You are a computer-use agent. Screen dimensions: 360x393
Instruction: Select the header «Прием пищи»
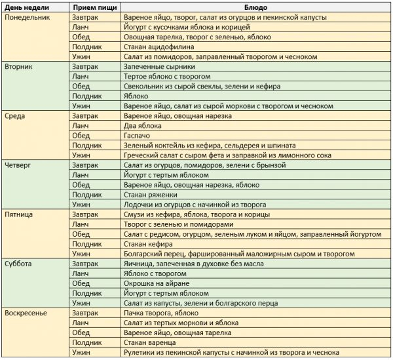point(94,6)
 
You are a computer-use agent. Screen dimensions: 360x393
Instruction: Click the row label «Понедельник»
point(26,17)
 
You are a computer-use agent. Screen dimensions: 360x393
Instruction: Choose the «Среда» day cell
point(16,115)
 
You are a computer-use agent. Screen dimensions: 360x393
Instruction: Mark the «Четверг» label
point(18,165)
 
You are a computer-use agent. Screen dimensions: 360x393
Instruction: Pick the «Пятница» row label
point(20,214)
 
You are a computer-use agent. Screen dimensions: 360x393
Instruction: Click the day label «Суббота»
point(19,263)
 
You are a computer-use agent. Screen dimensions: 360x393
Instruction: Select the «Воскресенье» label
point(26,312)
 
